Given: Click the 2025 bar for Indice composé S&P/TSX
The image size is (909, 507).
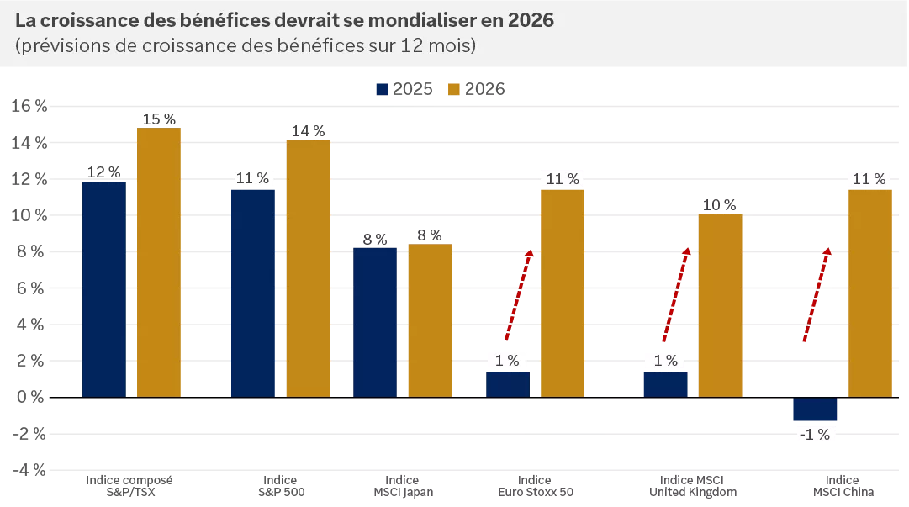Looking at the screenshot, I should point(104,289).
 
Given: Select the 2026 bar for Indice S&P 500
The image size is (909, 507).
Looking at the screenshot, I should point(308,268).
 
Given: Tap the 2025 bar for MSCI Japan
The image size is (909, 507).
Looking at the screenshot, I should point(375,321).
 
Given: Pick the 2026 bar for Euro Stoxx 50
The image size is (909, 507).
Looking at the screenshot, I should point(563,293).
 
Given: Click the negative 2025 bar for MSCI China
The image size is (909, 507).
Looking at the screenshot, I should point(815,409).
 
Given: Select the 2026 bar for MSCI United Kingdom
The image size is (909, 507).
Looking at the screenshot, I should point(720,305).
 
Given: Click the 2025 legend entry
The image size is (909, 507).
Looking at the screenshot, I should point(404,89).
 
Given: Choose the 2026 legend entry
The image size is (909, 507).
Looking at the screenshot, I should point(476,89).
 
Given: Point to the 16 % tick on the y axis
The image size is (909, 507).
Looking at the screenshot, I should point(29,106).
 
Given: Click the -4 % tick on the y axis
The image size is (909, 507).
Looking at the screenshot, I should point(29,469).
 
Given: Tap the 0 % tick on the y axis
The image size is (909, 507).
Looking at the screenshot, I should point(29,397).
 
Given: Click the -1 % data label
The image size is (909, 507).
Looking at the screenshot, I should point(815,434).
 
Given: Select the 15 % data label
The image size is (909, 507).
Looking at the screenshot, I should point(159,119).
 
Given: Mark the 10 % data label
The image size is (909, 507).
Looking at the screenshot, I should point(720,205).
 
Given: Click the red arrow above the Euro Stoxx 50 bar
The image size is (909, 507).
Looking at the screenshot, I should point(518,294).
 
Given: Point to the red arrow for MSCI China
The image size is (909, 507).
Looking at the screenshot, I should point(816,294).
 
